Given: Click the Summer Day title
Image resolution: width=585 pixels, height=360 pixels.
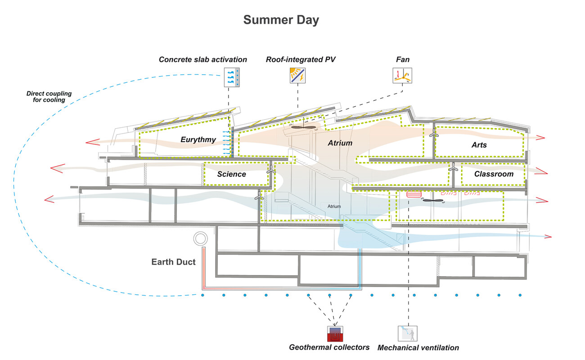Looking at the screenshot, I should coord(281,20).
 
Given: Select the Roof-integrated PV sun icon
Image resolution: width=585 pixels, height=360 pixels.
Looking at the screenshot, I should coord(297,76).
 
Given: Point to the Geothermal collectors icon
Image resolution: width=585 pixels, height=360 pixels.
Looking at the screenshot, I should coord(335,333).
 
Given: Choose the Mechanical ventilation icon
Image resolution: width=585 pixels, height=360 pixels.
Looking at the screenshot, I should coord(408,333).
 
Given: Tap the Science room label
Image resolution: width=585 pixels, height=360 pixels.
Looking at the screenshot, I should coord(231,174).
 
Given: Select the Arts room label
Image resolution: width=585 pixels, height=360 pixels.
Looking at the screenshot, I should coord(479,145).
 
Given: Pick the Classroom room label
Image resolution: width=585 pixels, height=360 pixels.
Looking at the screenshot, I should coord(494,174).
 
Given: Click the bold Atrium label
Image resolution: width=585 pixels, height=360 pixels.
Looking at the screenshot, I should coord(340,143).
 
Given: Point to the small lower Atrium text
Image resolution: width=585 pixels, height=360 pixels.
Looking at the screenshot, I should coord(334,207).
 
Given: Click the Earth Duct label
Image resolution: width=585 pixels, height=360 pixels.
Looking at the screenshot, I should coord(173,262).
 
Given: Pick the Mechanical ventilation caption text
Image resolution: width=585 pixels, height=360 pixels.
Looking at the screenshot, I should coord(418,347).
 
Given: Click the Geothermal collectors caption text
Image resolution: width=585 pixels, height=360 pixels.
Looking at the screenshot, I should coord(329,347).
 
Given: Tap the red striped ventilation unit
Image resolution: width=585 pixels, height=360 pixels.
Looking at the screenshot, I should coord(413,195).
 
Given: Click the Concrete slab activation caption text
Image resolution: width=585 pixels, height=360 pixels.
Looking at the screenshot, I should coord(203,59).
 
